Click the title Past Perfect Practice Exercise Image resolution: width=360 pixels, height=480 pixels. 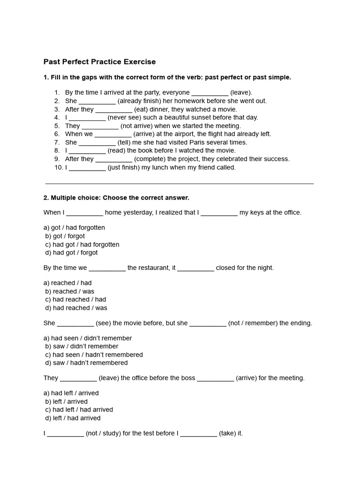[99, 62]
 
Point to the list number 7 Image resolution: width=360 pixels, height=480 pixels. [57, 142]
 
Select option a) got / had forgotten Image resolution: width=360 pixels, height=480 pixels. [74, 228]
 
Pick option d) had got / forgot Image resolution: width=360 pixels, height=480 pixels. [72, 253]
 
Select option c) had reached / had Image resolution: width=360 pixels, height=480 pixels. [76, 300]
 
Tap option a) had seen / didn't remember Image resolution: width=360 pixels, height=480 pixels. [88, 338]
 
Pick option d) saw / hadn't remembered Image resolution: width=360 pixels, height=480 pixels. [86, 363]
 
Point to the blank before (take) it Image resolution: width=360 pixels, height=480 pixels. [198, 434]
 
